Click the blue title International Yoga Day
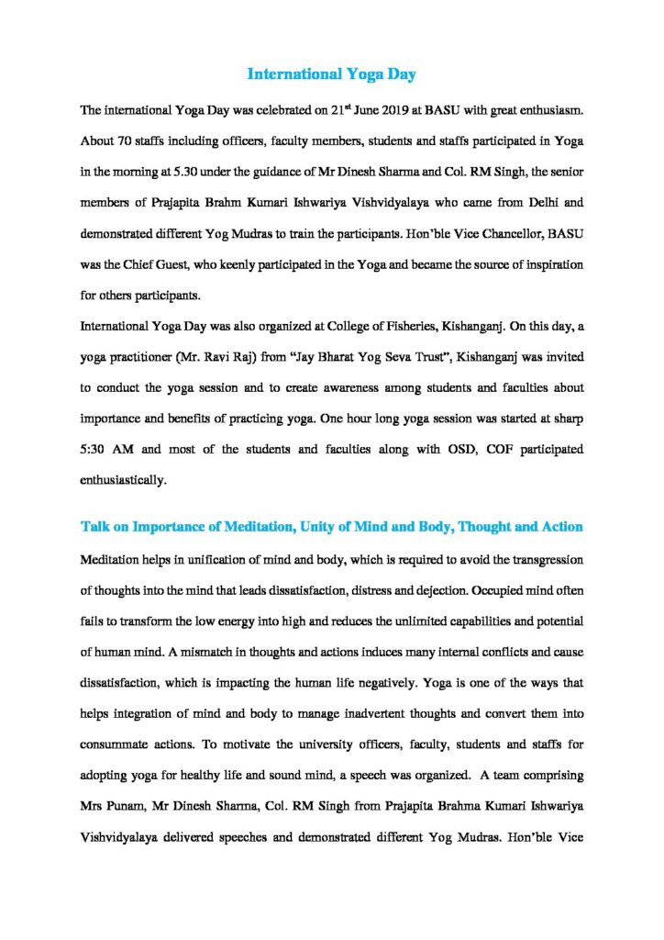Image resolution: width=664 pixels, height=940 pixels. tap(332, 73)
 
